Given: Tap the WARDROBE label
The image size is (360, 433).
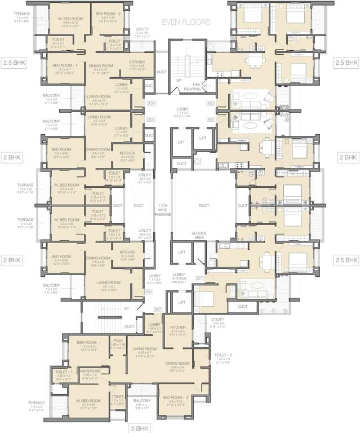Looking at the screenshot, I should click(x=90, y=370).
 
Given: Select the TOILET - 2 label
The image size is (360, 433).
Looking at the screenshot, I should click(x=222, y=355).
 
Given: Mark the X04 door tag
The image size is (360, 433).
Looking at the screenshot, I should click(x=151, y=104).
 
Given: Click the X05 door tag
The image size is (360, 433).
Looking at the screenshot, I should click(x=151, y=120).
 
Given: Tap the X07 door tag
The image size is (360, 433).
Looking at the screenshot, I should click(x=158, y=309).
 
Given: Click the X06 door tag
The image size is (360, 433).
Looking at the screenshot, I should click(x=149, y=292).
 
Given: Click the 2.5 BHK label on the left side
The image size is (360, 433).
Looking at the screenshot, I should click(x=15, y=63).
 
